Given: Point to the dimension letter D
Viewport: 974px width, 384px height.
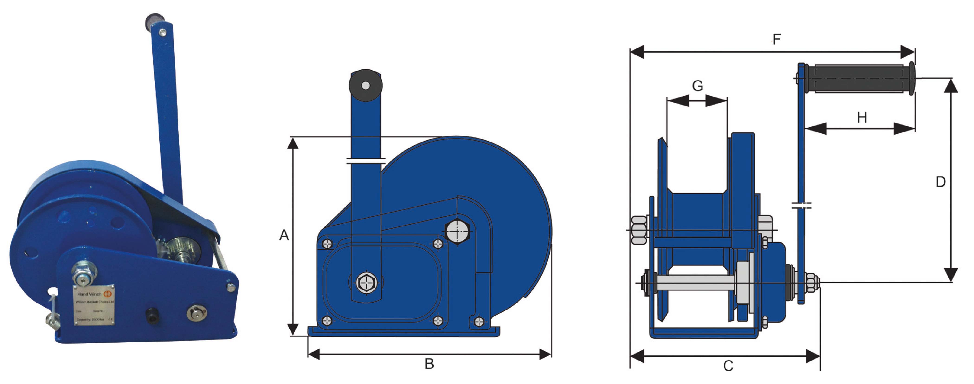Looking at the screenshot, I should tap(940, 182).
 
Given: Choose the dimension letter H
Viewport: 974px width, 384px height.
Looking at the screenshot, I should tap(862, 118).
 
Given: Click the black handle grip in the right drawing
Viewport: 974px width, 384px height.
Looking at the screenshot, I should tap(858, 79).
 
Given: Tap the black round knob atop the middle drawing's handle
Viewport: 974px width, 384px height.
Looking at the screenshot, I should tap(365, 85).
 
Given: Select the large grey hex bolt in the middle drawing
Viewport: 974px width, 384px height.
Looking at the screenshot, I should tap(457, 231).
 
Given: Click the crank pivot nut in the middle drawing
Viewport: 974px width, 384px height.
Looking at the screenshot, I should tap(366, 282).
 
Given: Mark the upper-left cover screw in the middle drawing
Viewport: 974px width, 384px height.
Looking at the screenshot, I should tap(327, 244).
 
